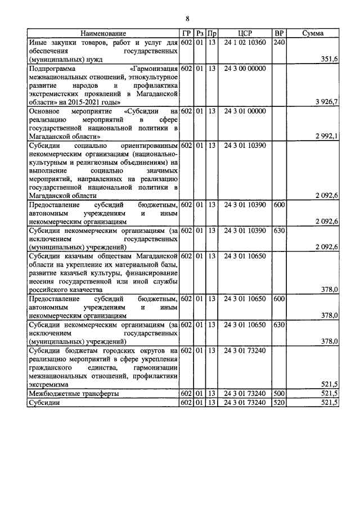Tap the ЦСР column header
click(244, 34)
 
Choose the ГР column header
click(187, 34)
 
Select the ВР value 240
click(278, 43)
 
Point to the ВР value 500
click(278, 394)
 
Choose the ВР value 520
click(278, 403)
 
